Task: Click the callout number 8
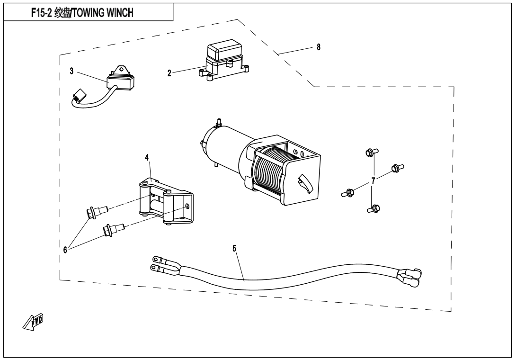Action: [x=318, y=47]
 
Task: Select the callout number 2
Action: [x=169, y=73]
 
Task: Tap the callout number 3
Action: [x=71, y=71]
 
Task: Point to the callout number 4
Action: [x=147, y=157]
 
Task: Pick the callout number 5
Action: [x=234, y=248]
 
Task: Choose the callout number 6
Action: [x=65, y=250]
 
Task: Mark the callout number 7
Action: [x=373, y=181]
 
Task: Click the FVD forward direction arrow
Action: [x=34, y=321]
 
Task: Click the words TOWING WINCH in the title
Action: [x=103, y=13]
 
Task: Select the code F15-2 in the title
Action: [x=42, y=13]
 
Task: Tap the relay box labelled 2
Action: [x=224, y=60]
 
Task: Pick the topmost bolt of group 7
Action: [x=372, y=153]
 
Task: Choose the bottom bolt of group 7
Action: [x=374, y=208]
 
